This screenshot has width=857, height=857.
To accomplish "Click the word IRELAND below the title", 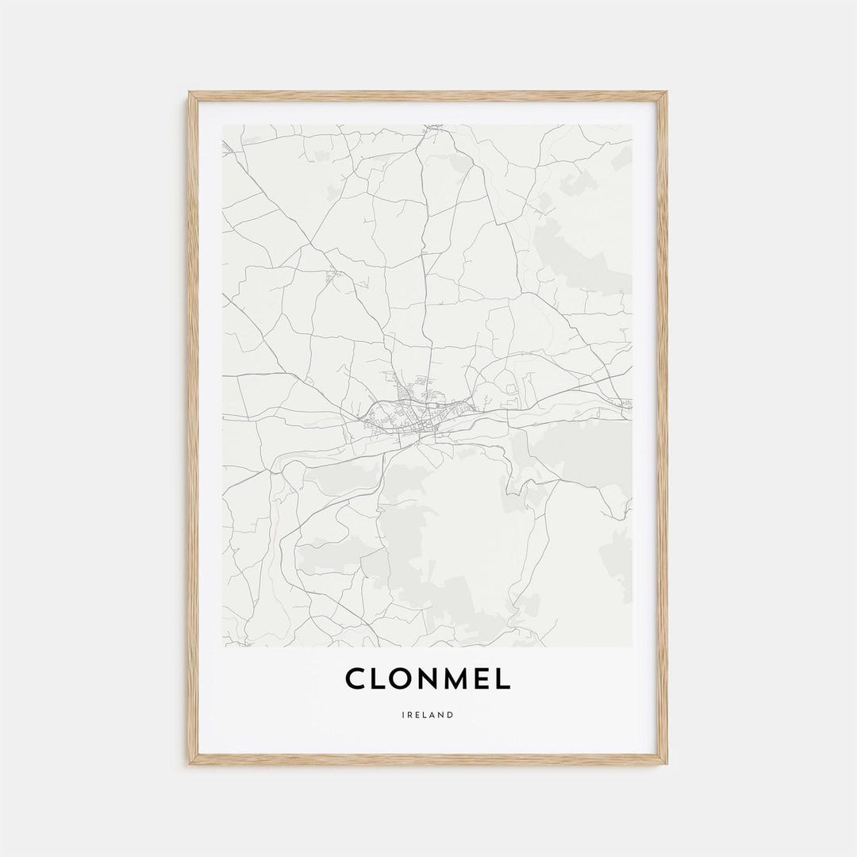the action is coord(428,715).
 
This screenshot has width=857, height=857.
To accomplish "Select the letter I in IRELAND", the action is coord(403,715).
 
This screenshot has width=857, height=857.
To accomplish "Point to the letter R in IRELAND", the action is coord(410,715).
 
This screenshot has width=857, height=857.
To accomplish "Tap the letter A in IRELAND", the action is coord(434,715).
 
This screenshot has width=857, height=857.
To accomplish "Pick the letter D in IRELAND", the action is coord(451,715).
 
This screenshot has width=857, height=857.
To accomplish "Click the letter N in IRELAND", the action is coord(442,715).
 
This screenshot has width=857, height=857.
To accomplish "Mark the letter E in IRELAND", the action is coord(418,715).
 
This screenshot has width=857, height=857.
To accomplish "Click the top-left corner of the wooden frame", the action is coord(190,93).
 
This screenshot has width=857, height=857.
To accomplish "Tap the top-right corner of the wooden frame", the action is coord(666,93).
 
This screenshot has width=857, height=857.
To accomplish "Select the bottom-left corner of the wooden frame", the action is coord(190,763).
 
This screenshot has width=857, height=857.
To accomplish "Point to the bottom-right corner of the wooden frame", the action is coord(666,763).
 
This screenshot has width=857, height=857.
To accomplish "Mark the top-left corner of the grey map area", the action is coord(223,125).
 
